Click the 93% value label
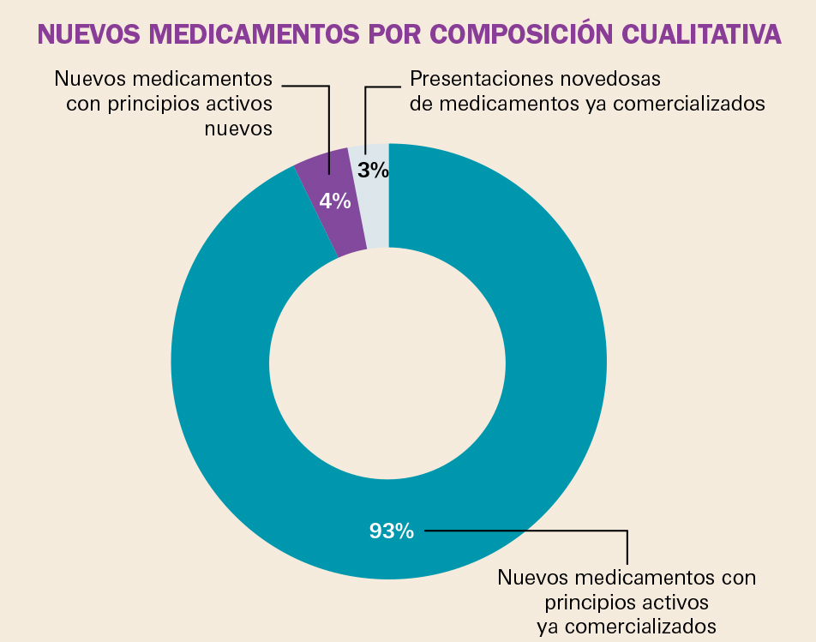[x=392, y=531]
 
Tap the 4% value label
[x=335, y=201]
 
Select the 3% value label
[x=374, y=171]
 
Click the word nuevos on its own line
[x=239, y=129]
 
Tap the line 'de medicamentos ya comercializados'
[x=587, y=104]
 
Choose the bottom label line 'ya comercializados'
[x=627, y=626]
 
